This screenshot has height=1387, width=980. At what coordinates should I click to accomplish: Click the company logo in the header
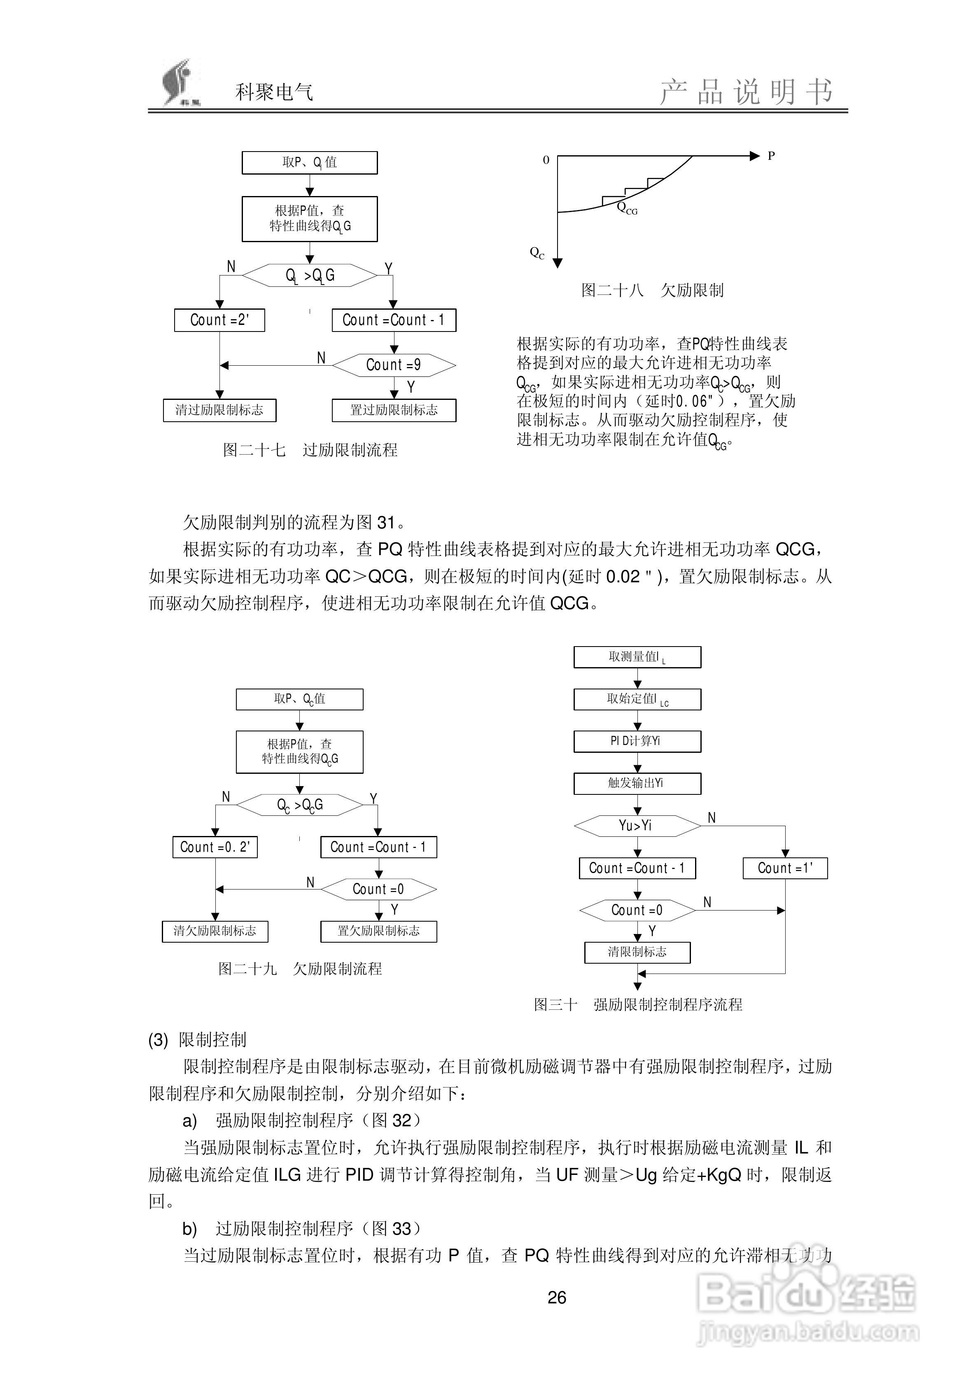[180, 83]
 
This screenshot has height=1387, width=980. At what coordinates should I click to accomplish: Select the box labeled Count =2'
[219, 320]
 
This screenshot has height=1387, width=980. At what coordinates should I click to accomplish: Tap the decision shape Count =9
[394, 365]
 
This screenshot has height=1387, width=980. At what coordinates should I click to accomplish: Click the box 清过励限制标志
[219, 410]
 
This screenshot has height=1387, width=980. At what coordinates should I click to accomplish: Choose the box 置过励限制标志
[394, 410]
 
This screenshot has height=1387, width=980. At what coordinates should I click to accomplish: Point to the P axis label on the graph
[771, 156]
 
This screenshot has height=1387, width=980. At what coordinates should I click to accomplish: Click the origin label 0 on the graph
[546, 160]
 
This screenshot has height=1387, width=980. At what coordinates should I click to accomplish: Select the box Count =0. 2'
[215, 847]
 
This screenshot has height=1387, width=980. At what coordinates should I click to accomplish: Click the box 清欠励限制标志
[215, 931]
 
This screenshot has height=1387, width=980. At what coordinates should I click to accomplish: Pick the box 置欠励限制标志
[378, 931]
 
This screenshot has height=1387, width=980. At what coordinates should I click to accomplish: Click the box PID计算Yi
[637, 741]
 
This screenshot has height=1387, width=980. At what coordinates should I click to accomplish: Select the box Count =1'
[785, 868]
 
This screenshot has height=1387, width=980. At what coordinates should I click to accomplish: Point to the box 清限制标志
[637, 952]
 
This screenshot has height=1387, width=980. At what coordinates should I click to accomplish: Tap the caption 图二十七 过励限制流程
[310, 450]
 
